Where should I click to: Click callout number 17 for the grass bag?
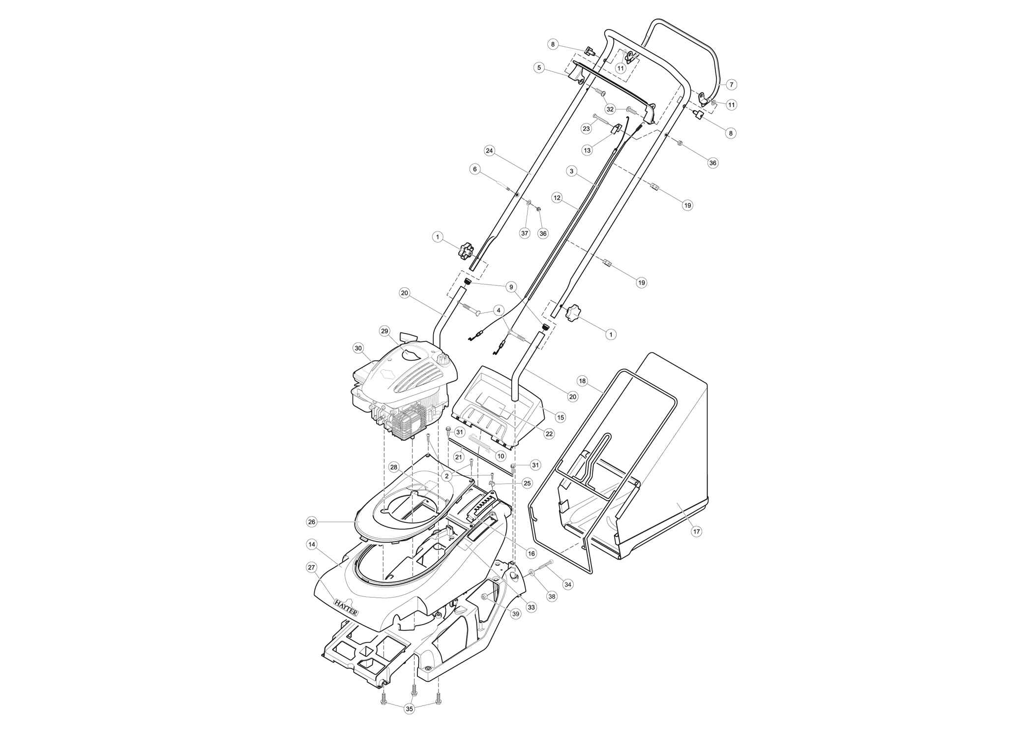pyautogui.click(x=696, y=531)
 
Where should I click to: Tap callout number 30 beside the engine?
pyautogui.click(x=358, y=348)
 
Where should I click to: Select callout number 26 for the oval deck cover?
pyautogui.click(x=311, y=521)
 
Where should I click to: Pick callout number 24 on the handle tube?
pyautogui.click(x=489, y=151)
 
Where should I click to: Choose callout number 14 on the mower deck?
pyautogui.click(x=311, y=545)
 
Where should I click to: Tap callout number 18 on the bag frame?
pyautogui.click(x=583, y=381)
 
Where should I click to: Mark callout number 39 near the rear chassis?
pyautogui.click(x=516, y=614)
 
